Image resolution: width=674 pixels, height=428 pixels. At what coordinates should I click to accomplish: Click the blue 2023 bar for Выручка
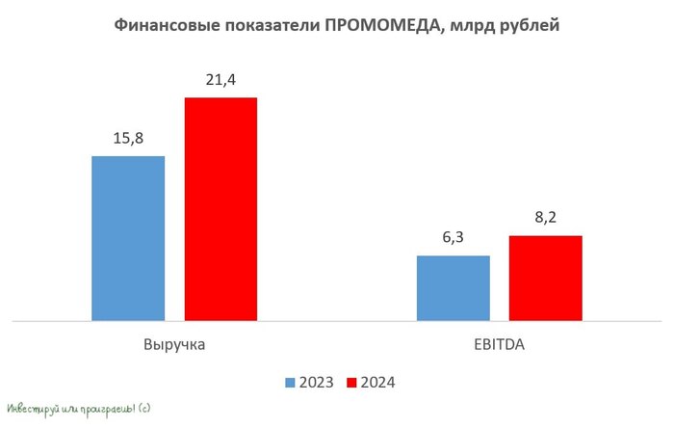tap(128, 237)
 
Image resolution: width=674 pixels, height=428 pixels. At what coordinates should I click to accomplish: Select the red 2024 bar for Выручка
tap(220, 208)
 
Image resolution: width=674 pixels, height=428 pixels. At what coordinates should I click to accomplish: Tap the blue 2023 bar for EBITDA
tap(453, 287)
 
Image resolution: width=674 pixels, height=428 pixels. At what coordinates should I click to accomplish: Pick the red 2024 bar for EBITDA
tap(545, 278)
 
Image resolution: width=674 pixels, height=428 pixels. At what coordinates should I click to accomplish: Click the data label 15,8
tap(128, 138)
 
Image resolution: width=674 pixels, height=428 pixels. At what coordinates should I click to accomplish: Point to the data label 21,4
tap(220, 80)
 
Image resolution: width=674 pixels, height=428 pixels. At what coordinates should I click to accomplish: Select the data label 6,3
tap(453, 238)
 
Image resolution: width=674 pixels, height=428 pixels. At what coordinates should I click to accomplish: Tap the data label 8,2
tap(545, 218)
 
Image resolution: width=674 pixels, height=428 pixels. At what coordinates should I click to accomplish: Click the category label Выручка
tap(174, 343)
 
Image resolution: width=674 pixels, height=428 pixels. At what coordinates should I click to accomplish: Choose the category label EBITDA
tap(499, 343)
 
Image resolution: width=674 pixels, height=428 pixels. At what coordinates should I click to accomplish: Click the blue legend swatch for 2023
tap(290, 383)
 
